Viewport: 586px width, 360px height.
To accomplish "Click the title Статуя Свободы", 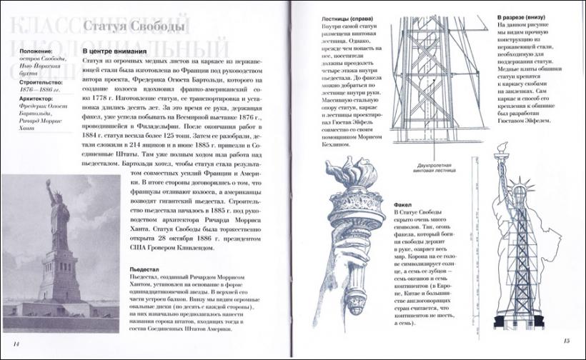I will click(x=134, y=28).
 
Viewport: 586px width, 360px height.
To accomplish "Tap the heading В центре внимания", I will click(x=115, y=52).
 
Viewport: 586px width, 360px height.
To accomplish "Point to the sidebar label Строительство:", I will click(x=32, y=82).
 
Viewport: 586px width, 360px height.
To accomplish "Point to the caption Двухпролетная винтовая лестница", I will click(x=436, y=166).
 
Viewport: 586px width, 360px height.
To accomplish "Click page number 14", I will click(x=16, y=345).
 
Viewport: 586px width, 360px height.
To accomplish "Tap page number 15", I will click(x=567, y=341).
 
